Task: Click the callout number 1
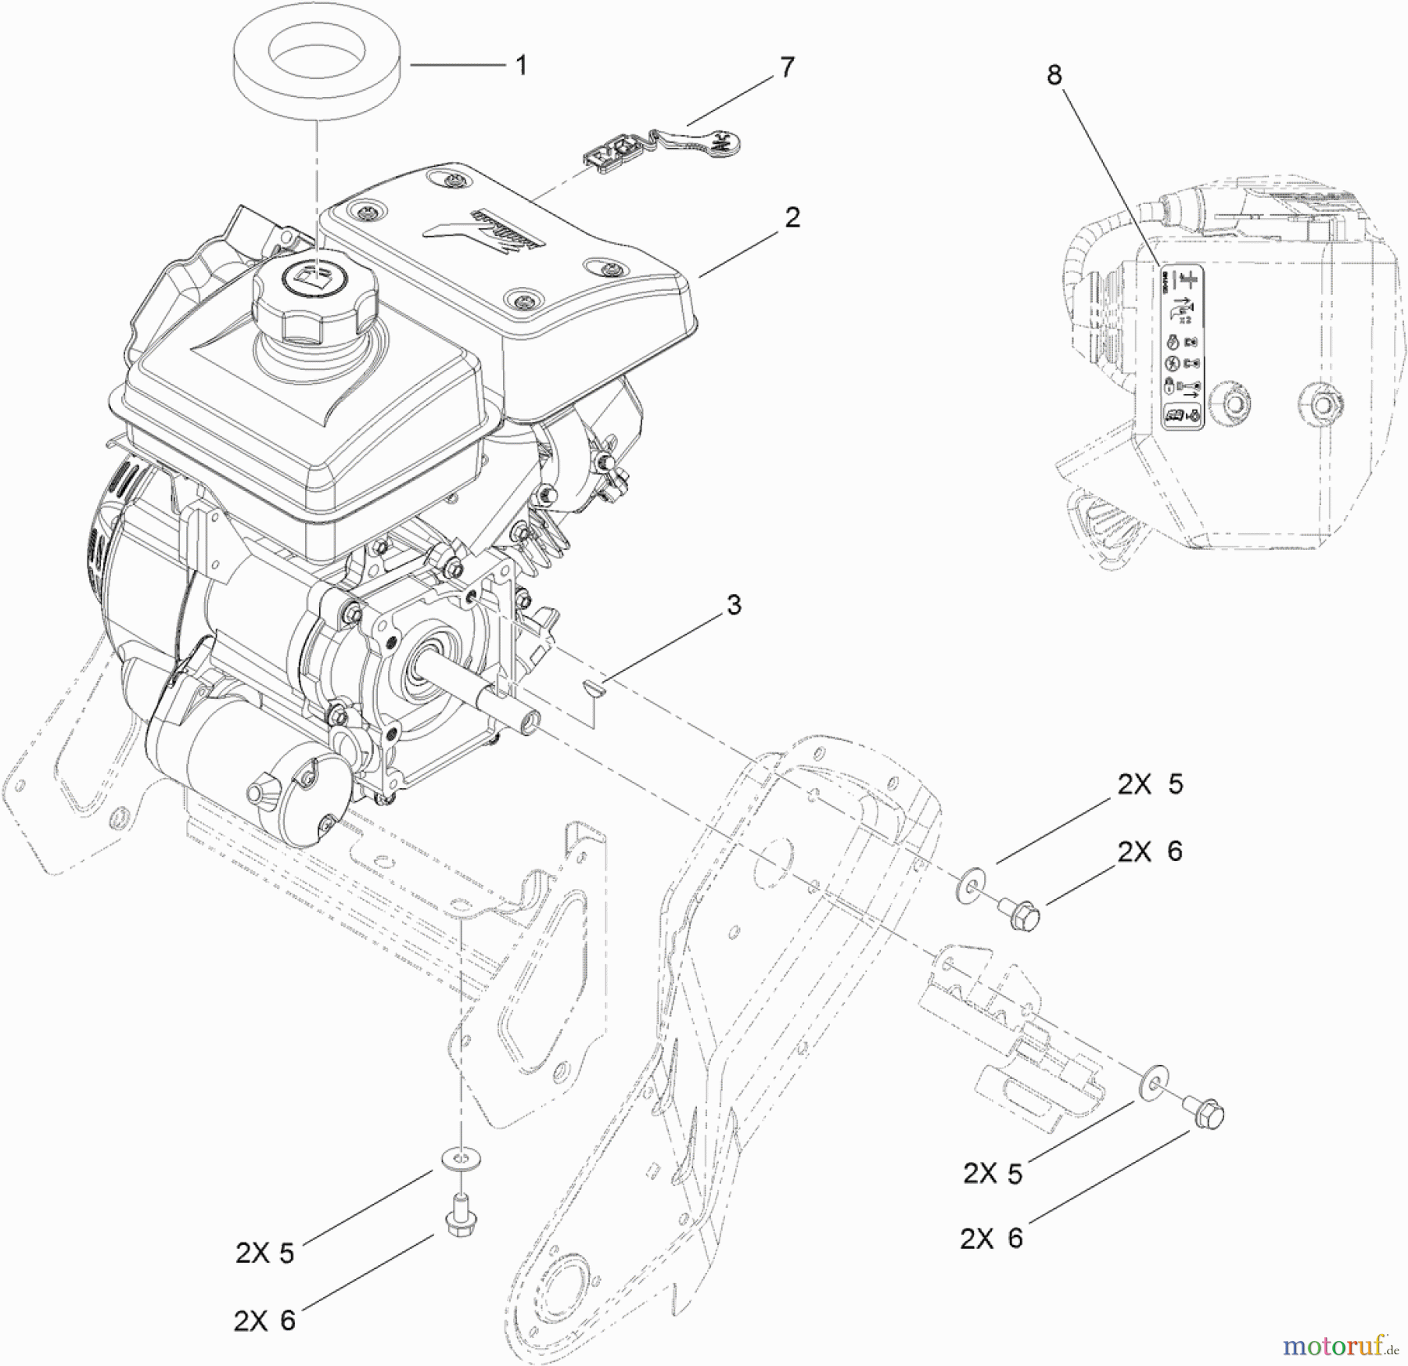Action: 521,66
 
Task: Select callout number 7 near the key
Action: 787,68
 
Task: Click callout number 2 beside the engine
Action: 792,217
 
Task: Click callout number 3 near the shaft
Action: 733,604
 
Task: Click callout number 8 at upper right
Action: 1054,76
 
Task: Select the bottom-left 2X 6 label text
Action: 265,1320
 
